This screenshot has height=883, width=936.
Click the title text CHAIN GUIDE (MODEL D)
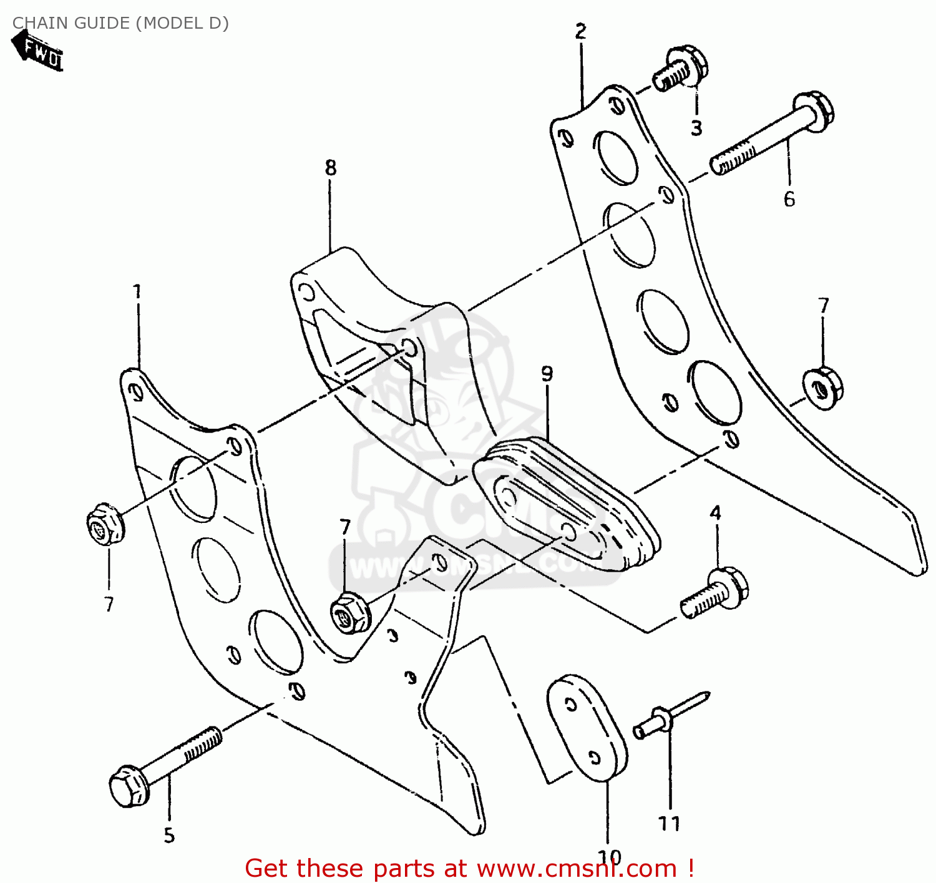coord(120,23)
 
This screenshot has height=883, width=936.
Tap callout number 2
coord(581,31)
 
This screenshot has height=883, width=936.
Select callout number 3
coord(696,128)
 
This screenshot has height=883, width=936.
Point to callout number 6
coord(789,199)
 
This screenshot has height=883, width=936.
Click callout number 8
coord(331,167)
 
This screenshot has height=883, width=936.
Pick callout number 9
coord(547,374)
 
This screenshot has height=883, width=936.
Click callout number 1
coord(137,291)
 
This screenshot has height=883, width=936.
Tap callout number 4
coord(715,513)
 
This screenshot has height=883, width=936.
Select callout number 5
coord(169,836)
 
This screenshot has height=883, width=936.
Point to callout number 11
coord(670,824)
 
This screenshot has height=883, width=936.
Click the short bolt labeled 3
coord(680,69)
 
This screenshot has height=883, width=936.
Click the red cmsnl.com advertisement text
coord(469,868)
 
